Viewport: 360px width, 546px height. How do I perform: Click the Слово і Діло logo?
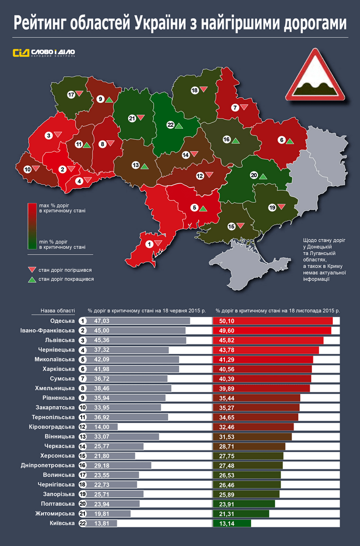coord(44,53)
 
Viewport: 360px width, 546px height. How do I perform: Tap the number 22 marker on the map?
coord(170,125)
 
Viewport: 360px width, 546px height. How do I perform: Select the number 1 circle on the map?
coord(149,244)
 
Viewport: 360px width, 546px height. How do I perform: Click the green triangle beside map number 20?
coord(263,176)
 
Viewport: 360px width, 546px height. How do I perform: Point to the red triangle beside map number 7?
coord(244,107)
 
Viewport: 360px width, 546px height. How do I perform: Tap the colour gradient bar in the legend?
coord(32,226)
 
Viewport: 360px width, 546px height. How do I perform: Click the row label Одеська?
coord(62,320)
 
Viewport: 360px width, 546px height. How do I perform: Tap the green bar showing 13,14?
coord(232,523)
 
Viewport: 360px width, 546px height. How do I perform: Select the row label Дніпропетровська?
coord(48,465)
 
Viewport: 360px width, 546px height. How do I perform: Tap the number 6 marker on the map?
coord(282,140)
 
